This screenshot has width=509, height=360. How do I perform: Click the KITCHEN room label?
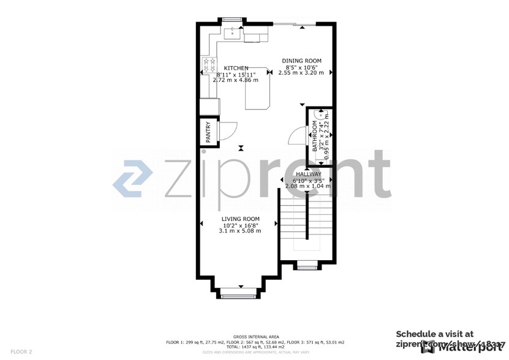tap(236, 68)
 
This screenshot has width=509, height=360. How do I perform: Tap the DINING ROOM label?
tap(301, 61)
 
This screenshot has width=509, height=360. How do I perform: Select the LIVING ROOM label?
tap(240, 219)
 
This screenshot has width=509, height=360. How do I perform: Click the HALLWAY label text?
tap(304, 174)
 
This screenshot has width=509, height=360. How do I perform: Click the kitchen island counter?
tap(258, 92)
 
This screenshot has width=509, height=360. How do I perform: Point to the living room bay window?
tap(239, 295)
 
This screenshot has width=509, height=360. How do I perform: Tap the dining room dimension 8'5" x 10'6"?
tap(301, 67)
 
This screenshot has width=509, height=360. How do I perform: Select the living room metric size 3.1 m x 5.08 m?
tap(240, 231)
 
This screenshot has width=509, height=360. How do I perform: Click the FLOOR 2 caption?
tap(21, 351)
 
